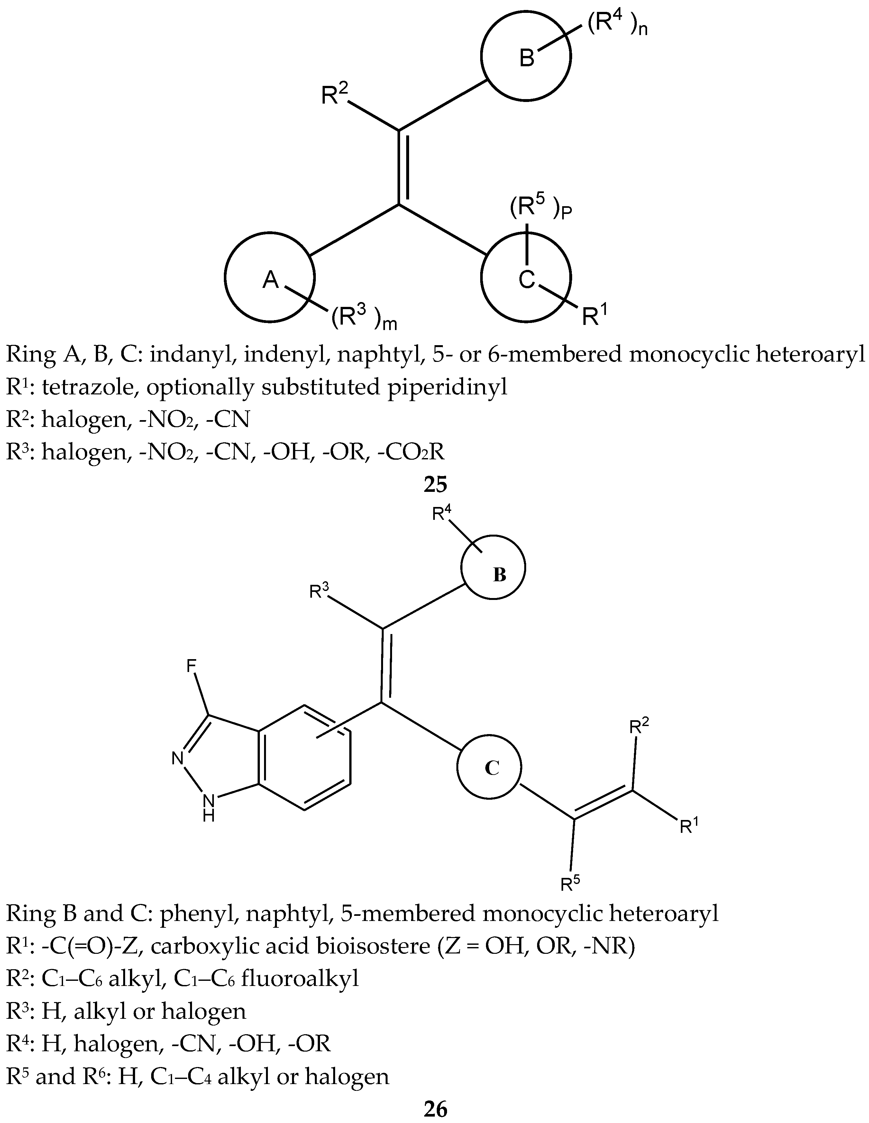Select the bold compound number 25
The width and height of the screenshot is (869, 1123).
coord(435,484)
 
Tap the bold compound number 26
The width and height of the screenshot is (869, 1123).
coord(435,1109)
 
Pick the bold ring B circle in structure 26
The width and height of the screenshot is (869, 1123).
coord(493,568)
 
